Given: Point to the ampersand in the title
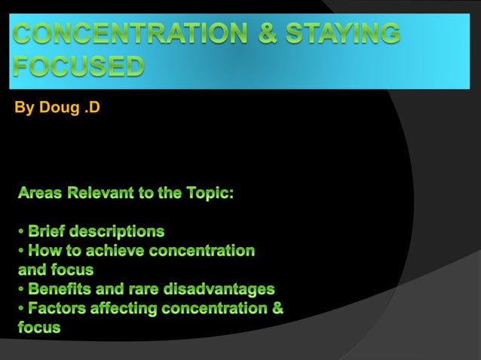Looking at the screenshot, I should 265,35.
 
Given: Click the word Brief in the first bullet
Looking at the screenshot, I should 51,230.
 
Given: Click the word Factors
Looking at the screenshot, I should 59,308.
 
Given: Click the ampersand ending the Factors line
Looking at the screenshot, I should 278,308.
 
